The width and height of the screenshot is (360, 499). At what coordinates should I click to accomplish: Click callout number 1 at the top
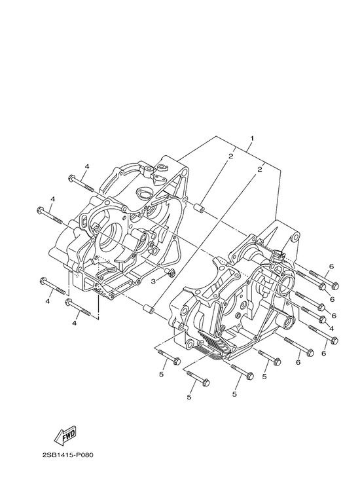[x=252, y=139]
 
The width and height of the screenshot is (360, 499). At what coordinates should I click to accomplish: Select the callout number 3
[x=153, y=282]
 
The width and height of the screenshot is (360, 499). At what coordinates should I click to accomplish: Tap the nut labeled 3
[x=171, y=272]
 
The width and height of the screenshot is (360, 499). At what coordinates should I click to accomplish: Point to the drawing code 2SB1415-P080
[x=67, y=455]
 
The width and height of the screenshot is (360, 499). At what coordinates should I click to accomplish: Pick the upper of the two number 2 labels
[x=230, y=156]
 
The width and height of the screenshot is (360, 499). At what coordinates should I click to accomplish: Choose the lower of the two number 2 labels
[x=259, y=170]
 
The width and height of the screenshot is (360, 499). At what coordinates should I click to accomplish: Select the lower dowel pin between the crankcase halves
[x=149, y=308]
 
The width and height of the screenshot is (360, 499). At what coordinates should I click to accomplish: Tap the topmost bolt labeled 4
[x=81, y=183]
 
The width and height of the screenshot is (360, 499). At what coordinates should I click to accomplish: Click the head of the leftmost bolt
[x=41, y=210]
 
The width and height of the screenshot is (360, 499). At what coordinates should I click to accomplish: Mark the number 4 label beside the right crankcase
[x=332, y=328]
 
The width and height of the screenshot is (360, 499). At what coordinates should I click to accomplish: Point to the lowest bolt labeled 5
[x=198, y=378]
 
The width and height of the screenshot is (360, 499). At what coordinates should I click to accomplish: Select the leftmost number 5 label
[x=162, y=375]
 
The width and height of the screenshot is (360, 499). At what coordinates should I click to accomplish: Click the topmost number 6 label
[x=331, y=267]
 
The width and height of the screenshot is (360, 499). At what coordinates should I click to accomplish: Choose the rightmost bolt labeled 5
[x=270, y=358]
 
